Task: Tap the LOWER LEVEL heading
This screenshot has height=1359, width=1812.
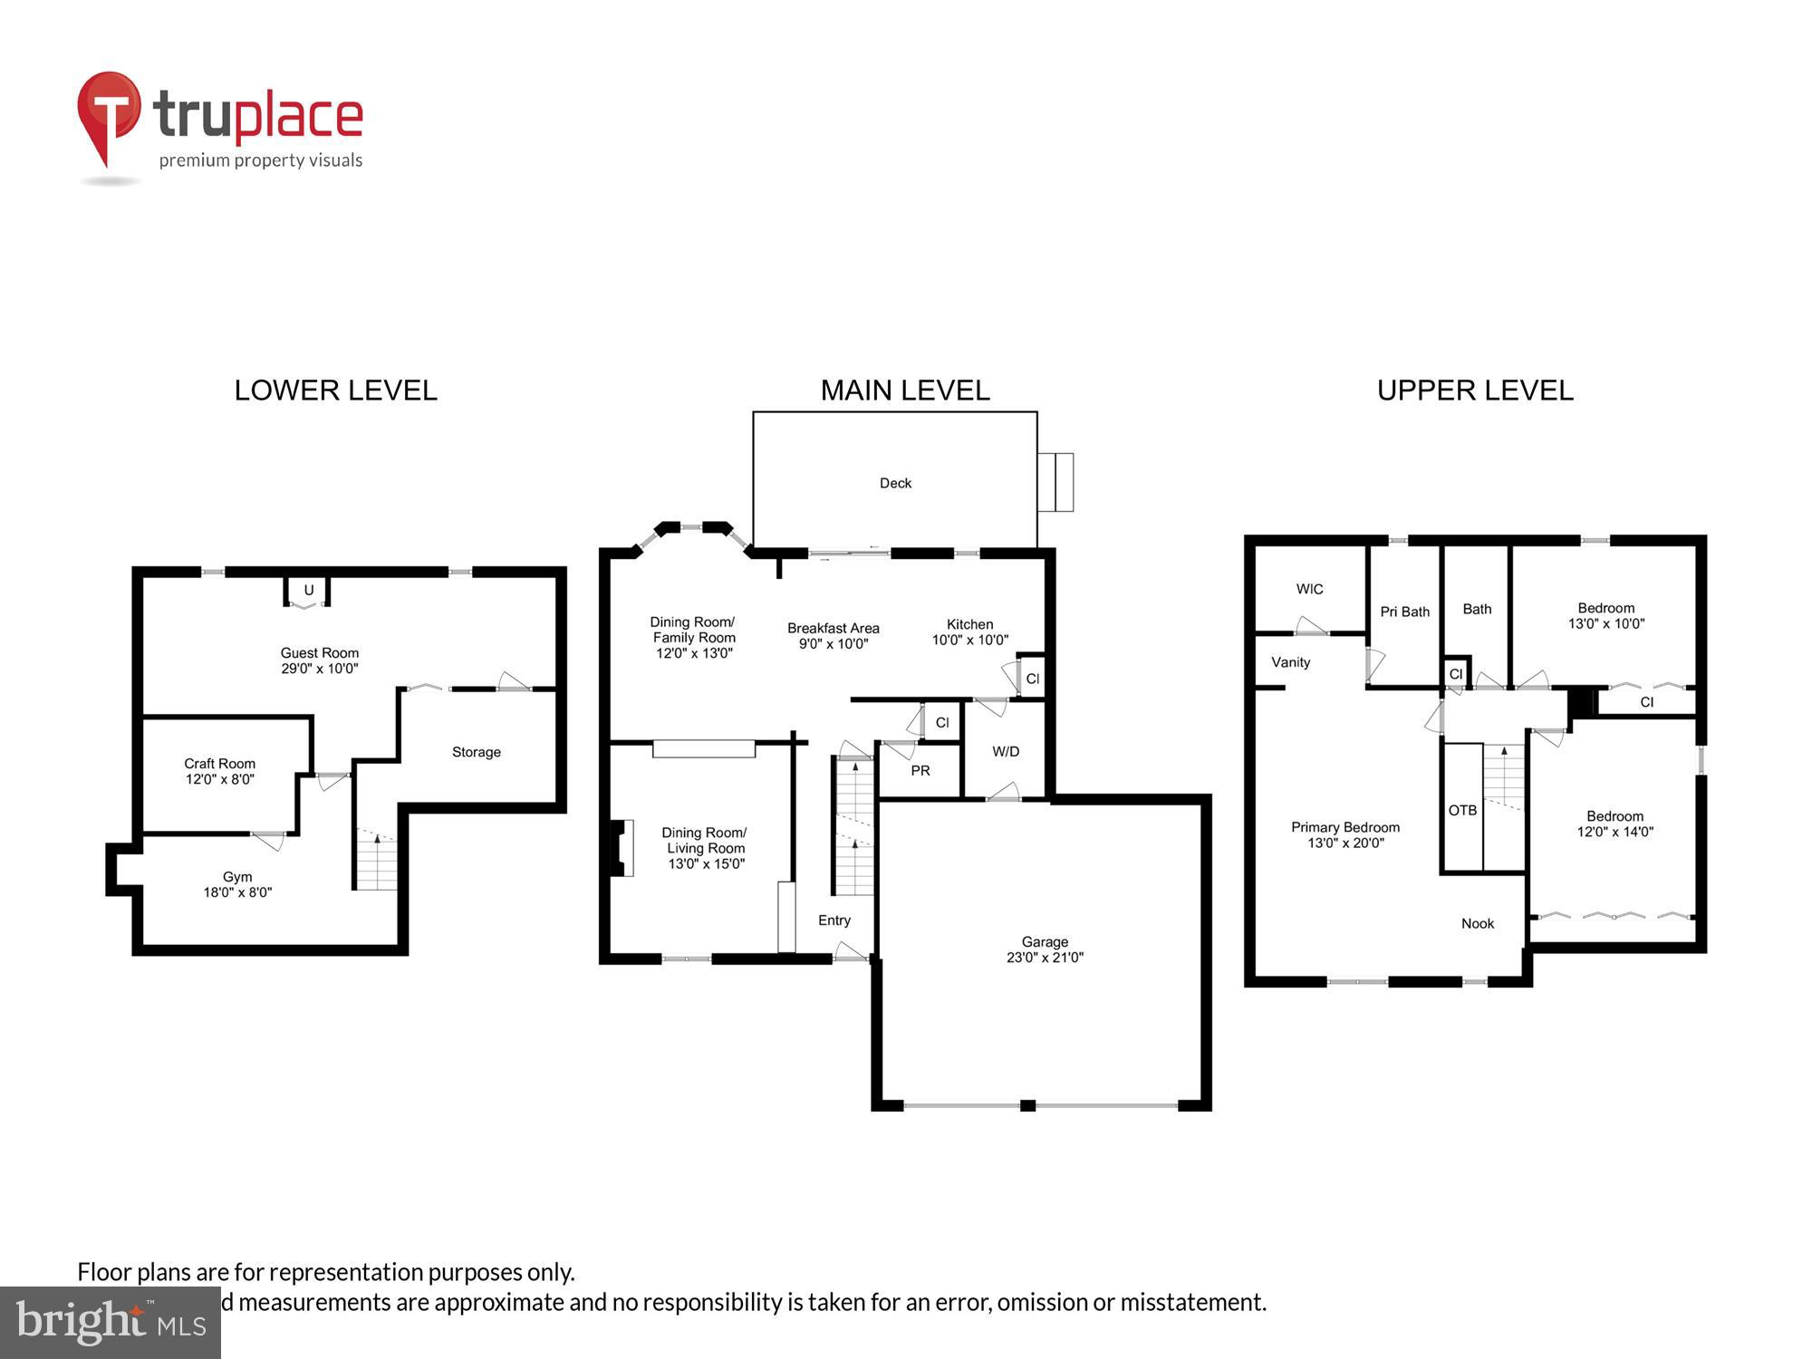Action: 335,390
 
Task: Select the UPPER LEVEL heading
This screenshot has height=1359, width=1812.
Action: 1475,390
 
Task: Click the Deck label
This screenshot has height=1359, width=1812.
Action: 895,483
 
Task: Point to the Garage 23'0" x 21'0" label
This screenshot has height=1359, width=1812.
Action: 1045,949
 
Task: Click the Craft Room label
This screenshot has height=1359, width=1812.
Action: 219,764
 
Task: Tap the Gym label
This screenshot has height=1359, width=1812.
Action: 237,876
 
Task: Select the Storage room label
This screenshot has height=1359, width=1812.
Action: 476,752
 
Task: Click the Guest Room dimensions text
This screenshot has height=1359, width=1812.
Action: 319,669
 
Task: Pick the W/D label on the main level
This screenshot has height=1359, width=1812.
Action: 1006,751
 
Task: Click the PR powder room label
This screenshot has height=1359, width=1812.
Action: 920,770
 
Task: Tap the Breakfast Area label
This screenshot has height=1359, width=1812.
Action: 833,628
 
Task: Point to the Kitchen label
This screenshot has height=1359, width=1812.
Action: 969,624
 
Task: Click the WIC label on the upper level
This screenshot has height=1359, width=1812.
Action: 1309,589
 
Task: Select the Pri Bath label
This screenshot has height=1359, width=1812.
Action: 1404,612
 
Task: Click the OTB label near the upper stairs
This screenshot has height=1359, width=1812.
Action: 1462,810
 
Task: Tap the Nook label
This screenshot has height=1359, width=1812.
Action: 1478,923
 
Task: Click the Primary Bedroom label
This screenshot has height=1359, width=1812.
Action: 1345,827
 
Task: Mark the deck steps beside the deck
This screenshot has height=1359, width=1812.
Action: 1055,482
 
